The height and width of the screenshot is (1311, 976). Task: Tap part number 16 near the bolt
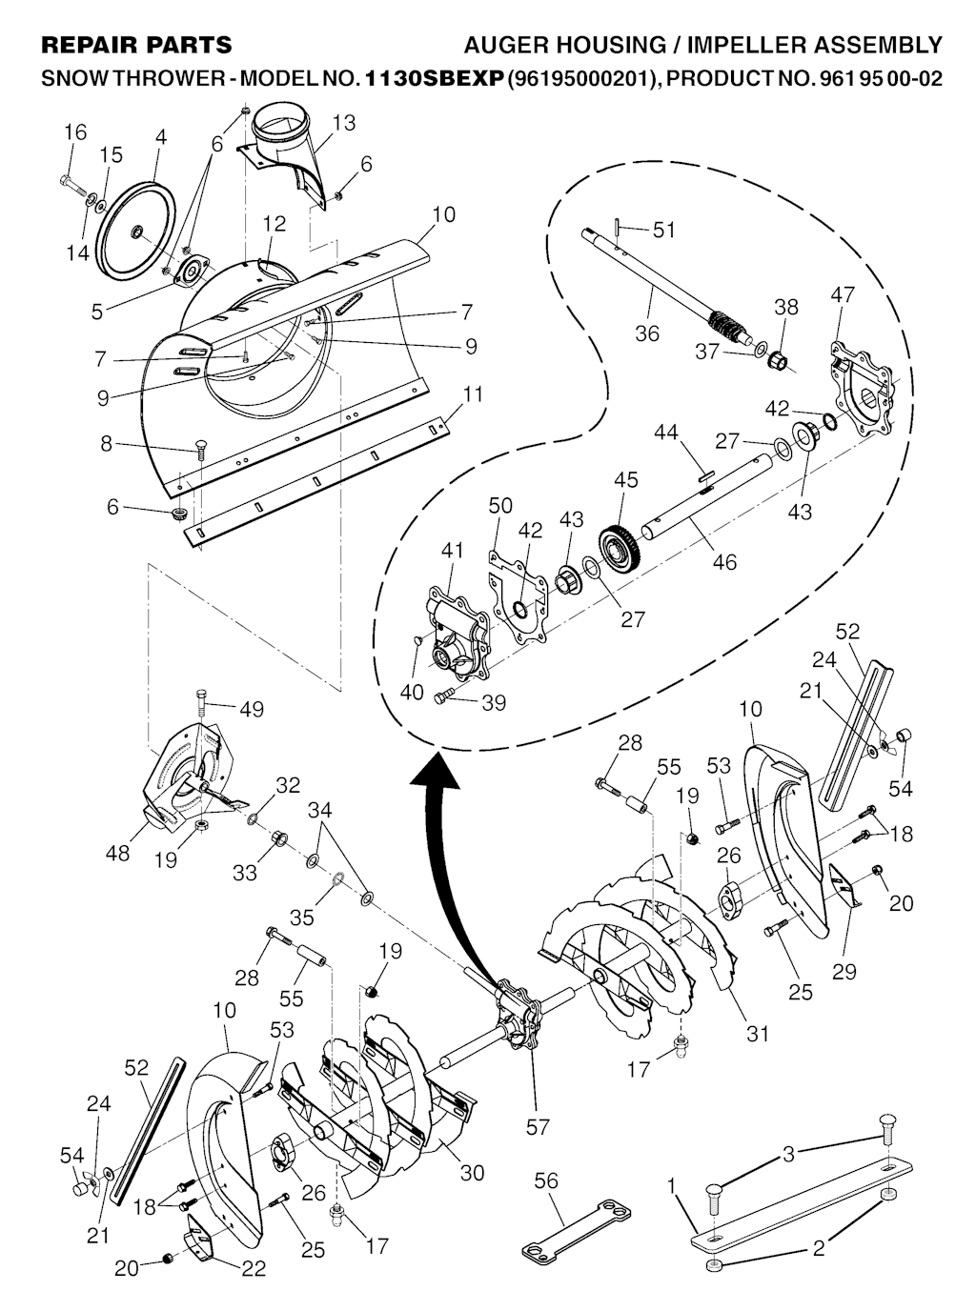click(x=75, y=131)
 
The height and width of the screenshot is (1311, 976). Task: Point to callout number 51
click(x=663, y=230)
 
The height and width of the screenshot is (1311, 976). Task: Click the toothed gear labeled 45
click(x=620, y=549)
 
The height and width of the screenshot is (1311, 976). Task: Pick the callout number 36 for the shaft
click(x=647, y=333)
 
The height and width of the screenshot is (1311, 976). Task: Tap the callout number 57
click(x=538, y=1128)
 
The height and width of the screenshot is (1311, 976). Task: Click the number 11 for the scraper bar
click(x=473, y=393)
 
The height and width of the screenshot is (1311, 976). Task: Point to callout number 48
click(x=118, y=853)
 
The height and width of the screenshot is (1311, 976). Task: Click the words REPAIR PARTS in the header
click(x=136, y=45)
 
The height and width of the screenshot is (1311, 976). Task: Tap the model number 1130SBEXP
click(x=435, y=79)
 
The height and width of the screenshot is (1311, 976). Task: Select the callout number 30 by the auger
click(x=472, y=1173)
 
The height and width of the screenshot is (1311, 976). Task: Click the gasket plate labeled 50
click(x=518, y=597)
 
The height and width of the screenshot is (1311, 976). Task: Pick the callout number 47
click(x=843, y=295)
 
